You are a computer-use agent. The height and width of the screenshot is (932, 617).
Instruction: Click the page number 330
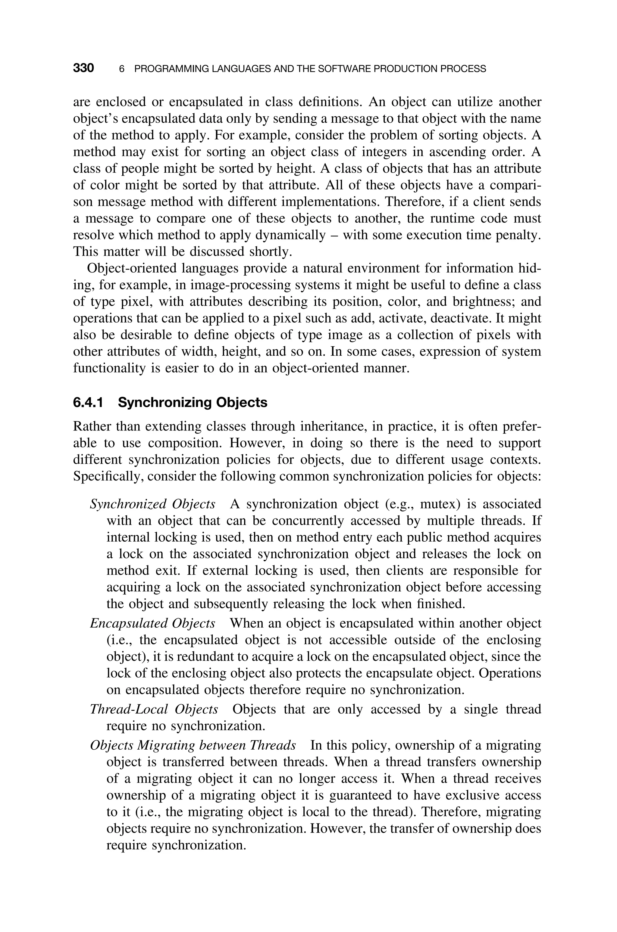(x=83, y=68)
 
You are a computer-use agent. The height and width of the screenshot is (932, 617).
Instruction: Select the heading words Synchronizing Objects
(x=193, y=403)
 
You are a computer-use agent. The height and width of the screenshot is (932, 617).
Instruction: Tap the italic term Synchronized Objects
(x=153, y=504)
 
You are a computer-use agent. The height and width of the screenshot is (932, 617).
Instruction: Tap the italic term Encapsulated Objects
(x=153, y=623)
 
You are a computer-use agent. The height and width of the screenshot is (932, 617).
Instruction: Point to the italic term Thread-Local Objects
(x=154, y=709)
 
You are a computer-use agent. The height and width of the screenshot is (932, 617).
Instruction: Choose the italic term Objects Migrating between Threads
(x=193, y=745)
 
